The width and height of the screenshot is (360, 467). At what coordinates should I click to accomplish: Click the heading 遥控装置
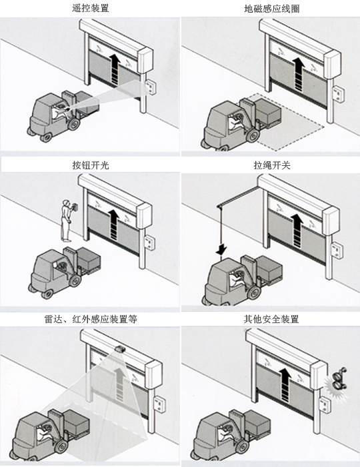click(90, 8)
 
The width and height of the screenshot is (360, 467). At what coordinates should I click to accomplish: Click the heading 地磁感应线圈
click(271, 9)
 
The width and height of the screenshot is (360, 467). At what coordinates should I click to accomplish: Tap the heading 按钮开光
click(91, 165)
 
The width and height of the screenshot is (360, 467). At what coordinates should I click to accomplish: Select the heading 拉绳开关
click(272, 165)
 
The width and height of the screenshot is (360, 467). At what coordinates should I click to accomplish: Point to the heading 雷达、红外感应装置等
click(91, 319)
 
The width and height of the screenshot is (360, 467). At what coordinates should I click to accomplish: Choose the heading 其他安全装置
click(271, 319)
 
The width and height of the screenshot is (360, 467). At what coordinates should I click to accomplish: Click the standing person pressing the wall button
click(67, 221)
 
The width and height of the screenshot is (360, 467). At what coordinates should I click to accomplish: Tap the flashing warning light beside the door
click(339, 382)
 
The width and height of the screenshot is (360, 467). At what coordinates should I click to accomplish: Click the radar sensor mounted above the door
click(120, 349)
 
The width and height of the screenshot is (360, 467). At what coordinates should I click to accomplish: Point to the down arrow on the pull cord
click(221, 249)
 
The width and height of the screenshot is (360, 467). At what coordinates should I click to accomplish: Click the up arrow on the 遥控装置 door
click(115, 69)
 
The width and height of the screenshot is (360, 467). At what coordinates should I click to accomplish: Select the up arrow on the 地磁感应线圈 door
click(298, 74)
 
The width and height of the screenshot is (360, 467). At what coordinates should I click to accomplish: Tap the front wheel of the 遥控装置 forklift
click(73, 124)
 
